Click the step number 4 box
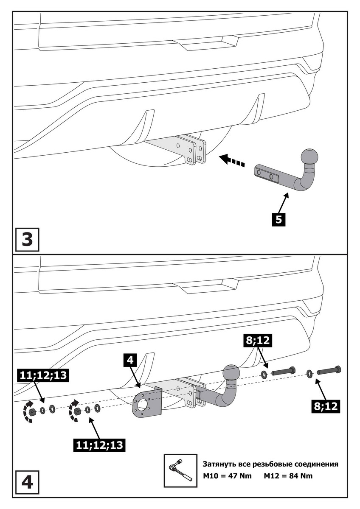click(27, 483)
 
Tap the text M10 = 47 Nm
click(227, 475)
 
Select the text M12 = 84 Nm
click(288, 475)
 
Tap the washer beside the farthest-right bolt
click(309, 373)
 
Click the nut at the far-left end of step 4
click(32, 411)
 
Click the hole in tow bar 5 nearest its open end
click(259, 172)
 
